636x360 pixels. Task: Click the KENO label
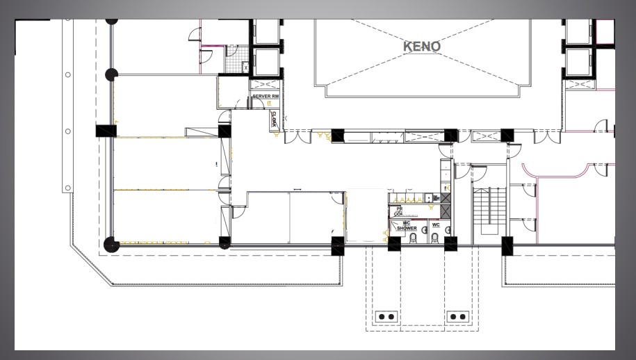click(x=422, y=47)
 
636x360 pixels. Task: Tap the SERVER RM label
click(x=266, y=96)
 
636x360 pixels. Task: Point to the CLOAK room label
click(x=274, y=118)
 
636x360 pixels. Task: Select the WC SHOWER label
click(x=407, y=226)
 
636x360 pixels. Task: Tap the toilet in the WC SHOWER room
click(x=413, y=238)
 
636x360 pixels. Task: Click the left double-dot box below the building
click(x=386, y=316)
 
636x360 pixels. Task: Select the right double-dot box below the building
click(x=458, y=316)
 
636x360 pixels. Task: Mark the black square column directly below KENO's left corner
click(x=338, y=135)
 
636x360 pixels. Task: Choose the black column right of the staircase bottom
click(x=507, y=244)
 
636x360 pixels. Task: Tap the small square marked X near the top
click(x=245, y=67)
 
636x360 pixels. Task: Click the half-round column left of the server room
click(x=111, y=74)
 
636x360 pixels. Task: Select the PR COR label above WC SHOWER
click(x=400, y=211)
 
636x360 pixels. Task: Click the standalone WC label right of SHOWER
click(x=436, y=224)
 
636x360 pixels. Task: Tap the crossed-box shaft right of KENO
click(x=578, y=85)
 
